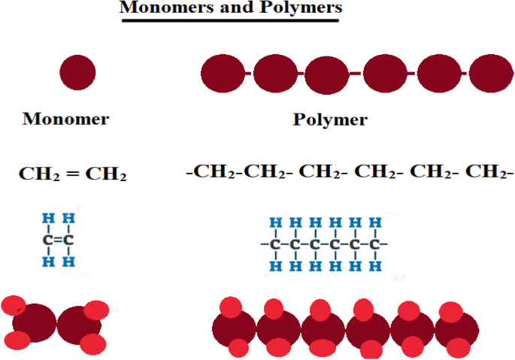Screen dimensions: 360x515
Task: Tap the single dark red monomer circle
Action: [x=78, y=73]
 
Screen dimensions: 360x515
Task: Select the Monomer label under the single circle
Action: [x=66, y=119]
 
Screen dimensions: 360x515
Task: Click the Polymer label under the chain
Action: [x=330, y=119]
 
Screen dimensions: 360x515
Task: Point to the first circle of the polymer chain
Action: [x=223, y=73]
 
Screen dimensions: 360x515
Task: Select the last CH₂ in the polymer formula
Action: [x=487, y=172]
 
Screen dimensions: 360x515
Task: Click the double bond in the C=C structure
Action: [x=58, y=241]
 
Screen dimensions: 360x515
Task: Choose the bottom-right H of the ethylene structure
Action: [x=68, y=262]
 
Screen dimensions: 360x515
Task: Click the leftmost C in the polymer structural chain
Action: [x=275, y=244]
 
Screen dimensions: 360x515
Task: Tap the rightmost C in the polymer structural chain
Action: [x=374, y=244]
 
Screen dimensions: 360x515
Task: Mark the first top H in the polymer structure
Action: [x=275, y=223]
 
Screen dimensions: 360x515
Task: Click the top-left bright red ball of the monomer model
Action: [x=14, y=305]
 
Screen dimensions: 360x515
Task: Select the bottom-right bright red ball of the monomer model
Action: [x=93, y=344]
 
